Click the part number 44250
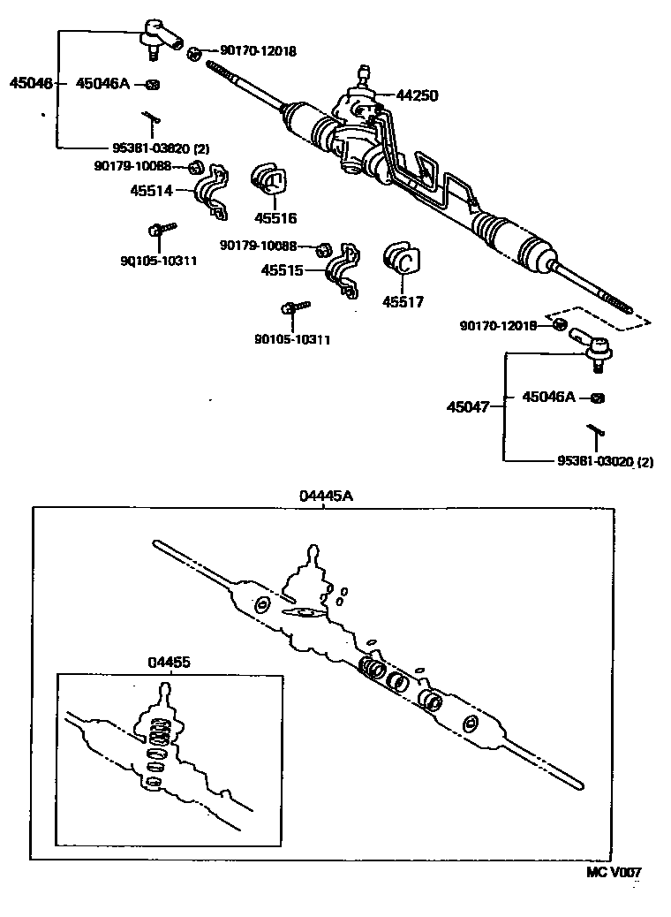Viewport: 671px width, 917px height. click(417, 95)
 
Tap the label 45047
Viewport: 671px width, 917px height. click(467, 407)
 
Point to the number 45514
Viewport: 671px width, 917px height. click(153, 190)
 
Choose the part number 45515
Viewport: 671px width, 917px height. click(282, 269)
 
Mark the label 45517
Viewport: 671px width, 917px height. click(403, 302)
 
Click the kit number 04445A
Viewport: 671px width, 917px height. click(325, 496)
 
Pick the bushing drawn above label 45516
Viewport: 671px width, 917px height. click(268, 181)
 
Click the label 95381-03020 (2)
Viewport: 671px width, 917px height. click(605, 461)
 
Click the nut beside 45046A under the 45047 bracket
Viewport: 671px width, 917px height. click(598, 398)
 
